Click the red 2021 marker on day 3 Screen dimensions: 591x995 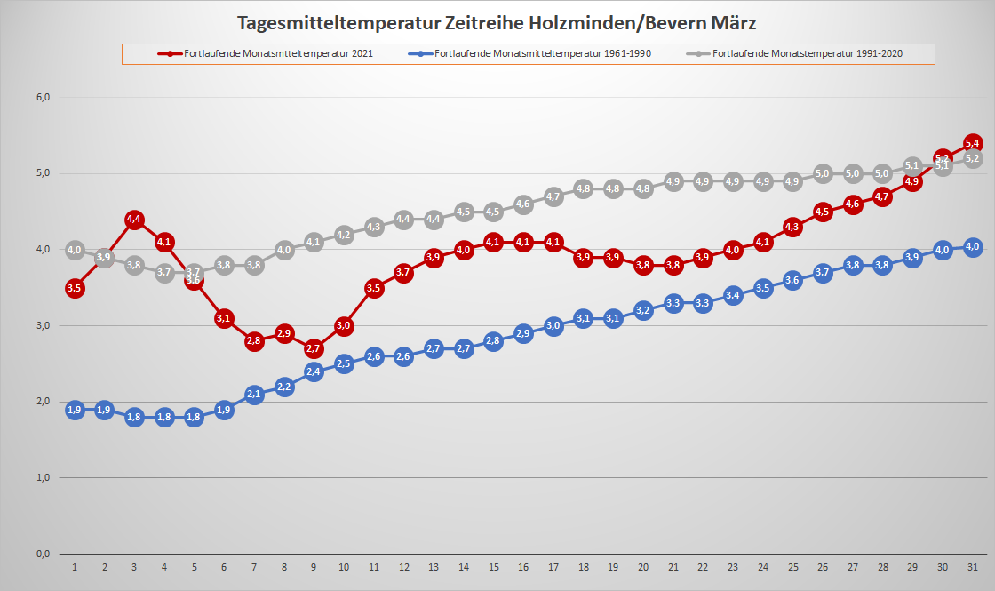(x=134, y=219)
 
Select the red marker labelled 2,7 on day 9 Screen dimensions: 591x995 (x=314, y=348)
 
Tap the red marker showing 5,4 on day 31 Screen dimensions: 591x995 (x=973, y=143)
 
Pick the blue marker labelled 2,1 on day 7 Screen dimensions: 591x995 (x=254, y=395)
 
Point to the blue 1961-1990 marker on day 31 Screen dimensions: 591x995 (x=973, y=247)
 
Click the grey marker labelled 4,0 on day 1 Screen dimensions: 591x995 (x=75, y=250)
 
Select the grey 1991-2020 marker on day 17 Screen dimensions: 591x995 (x=553, y=196)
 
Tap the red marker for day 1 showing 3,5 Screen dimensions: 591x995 (x=75, y=288)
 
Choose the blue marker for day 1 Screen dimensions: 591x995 (x=75, y=410)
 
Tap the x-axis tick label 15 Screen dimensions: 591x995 (x=494, y=567)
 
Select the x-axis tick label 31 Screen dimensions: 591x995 (x=973, y=567)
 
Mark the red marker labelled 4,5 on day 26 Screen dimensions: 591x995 (x=823, y=212)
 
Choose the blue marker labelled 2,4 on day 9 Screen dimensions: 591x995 (x=314, y=371)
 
